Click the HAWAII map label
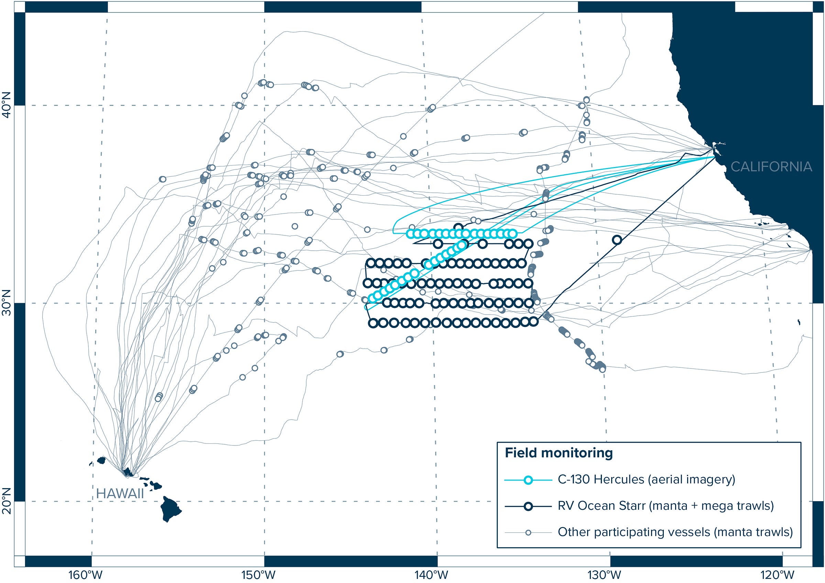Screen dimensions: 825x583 tap(120, 494)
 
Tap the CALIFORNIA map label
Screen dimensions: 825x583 tap(771, 166)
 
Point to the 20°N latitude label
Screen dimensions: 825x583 tap(7, 501)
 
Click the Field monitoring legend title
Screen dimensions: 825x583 tap(559, 453)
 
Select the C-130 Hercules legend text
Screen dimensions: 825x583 tap(646, 480)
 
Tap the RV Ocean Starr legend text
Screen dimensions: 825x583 tap(666, 506)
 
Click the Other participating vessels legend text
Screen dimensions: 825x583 tap(675, 532)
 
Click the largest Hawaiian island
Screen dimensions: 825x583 tap(170, 509)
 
